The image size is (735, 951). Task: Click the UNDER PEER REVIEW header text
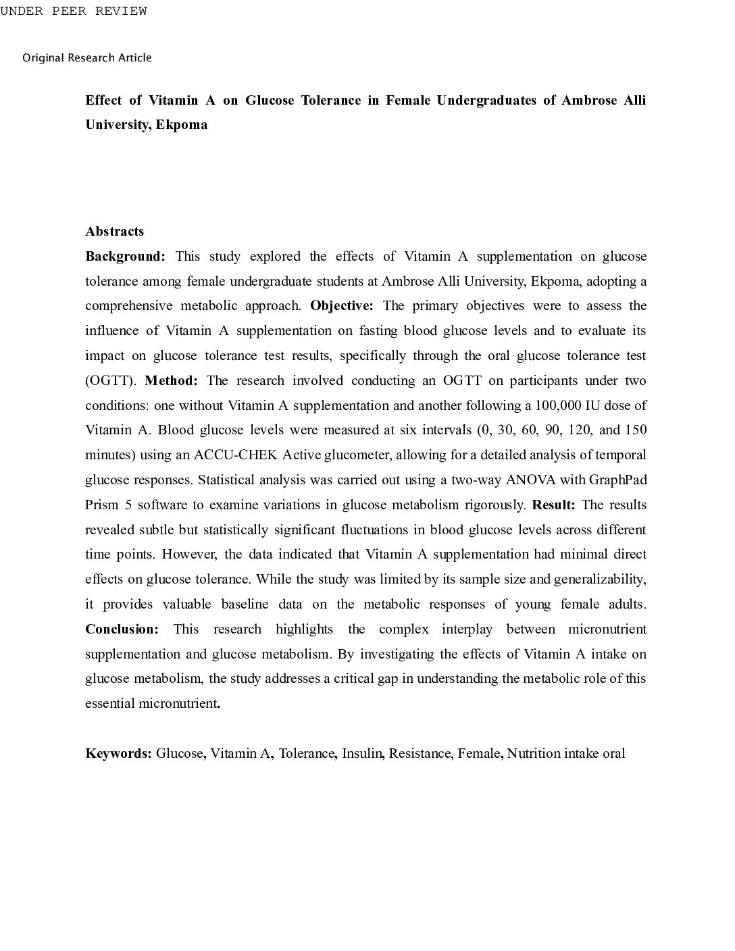tap(74, 11)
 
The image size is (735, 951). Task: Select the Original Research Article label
tap(87, 58)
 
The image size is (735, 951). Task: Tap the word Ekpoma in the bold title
tap(182, 125)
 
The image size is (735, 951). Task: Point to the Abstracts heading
tap(115, 232)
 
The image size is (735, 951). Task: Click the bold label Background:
tap(125, 257)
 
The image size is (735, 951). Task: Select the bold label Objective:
tap(342, 306)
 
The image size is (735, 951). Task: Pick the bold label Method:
tap(171, 381)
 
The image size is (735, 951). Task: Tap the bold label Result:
tap(553, 505)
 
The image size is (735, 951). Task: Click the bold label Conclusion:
tap(122, 629)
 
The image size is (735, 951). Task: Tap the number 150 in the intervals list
tap(635, 430)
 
